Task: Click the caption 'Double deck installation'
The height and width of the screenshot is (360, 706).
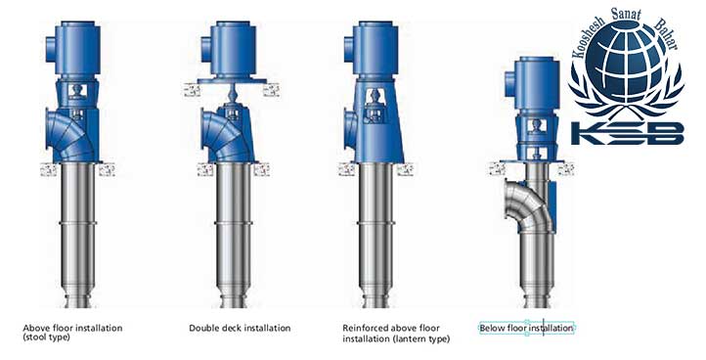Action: click(240, 328)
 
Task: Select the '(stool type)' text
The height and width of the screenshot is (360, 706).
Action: click(46, 337)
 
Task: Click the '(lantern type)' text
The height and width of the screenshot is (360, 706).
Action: click(421, 338)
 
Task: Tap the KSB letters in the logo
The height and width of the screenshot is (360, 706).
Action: click(628, 134)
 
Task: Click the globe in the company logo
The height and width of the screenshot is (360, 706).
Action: click(627, 66)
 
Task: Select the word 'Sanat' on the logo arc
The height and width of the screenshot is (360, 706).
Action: click(626, 14)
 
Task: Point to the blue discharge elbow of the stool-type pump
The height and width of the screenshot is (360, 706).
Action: click(67, 134)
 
